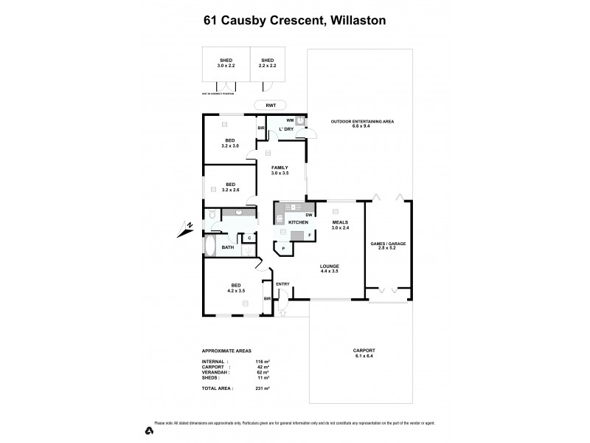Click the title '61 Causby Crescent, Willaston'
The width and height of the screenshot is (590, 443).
tap(295, 21)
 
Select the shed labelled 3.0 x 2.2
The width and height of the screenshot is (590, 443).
tap(226, 63)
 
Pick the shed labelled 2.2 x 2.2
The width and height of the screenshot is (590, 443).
tap(267, 63)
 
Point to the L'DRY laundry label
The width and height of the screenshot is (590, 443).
tap(286, 129)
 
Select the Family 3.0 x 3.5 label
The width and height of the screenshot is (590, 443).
tap(280, 171)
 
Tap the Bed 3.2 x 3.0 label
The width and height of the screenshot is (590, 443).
tap(230, 143)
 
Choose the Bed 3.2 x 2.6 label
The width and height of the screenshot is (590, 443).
tap(230, 188)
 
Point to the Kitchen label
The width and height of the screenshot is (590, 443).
tap(297, 222)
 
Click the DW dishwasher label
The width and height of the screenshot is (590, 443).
tap(308, 214)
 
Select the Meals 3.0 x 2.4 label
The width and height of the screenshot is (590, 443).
tap(339, 225)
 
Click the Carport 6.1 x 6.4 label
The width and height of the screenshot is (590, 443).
tap(361, 359)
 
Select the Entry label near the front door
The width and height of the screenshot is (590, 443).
tap(282, 284)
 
